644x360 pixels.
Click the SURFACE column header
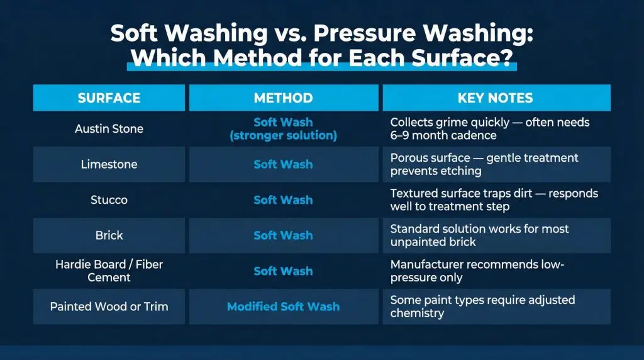[109, 98]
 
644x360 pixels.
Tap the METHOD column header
[284, 98]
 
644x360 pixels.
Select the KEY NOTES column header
[496, 98]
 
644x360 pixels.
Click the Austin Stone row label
[109, 128]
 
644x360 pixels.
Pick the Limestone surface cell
[109, 164]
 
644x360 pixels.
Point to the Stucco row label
[109, 200]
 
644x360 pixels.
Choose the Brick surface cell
[109, 235]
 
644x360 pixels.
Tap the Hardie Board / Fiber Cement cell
[109, 271]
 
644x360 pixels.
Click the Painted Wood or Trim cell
[109, 307]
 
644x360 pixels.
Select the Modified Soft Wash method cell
[284, 307]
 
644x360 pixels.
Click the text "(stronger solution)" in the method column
[284, 135]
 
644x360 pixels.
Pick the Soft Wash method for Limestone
[284, 164]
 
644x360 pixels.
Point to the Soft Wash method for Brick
[284, 235]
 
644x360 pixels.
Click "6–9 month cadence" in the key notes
[443, 135]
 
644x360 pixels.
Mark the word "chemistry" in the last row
[418, 313]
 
